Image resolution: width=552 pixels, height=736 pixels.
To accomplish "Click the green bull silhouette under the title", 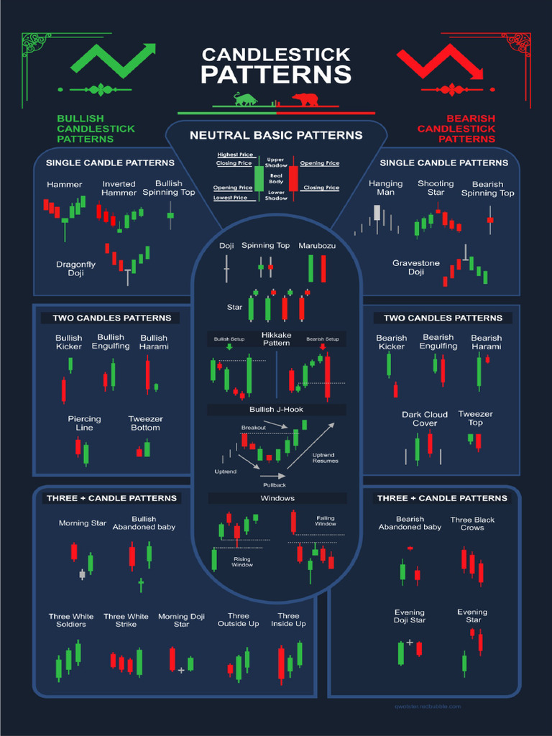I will coord(246,99).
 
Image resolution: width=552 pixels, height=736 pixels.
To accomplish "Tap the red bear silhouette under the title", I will coord(305,99).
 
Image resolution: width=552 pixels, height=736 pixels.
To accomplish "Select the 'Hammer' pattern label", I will coord(65,185).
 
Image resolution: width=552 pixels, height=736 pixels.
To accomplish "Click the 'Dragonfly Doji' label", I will coord(76,269).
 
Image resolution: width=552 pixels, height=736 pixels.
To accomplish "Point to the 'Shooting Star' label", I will coord(436,188).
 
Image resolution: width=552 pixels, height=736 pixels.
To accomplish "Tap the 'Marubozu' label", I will coord(317,246).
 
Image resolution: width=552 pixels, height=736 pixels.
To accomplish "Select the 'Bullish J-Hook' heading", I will coord(277,410).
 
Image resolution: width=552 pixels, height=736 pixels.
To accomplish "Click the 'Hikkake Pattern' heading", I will coord(276,339).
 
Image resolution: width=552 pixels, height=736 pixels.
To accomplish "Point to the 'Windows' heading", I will coord(277,498).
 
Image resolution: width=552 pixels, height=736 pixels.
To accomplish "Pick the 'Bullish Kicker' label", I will coord(69,342).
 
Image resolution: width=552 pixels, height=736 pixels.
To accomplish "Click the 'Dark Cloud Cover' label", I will coord(425,418).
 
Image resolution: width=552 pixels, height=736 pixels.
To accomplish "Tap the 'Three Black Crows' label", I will coord(472,523).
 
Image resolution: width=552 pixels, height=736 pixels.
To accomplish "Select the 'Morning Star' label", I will coord(83,523).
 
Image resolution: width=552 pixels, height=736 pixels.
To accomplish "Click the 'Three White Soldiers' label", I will coord(71,620).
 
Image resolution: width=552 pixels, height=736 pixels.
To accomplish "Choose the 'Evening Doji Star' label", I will coord(410,616).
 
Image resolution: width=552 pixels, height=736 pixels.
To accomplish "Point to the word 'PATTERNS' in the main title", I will coord(276,74).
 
